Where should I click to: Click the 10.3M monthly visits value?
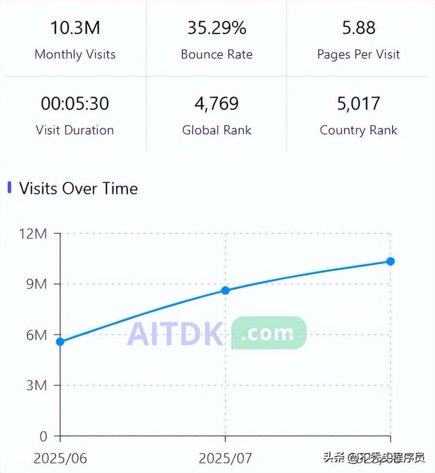75,28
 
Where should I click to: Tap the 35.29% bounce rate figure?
216,28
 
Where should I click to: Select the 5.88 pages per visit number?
358,28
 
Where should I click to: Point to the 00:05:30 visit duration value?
74,103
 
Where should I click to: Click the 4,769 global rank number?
216,103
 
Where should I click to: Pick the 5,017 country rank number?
358,103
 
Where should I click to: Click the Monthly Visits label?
75,54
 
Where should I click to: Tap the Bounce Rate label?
216,54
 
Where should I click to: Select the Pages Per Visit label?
358,54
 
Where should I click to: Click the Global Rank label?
216,130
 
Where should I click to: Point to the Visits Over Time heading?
78,189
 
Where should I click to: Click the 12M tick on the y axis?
33,234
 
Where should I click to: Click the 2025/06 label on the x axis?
60,458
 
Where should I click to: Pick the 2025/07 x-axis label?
225,458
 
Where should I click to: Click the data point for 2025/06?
60,341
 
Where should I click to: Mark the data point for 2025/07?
225,290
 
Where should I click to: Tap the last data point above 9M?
390,262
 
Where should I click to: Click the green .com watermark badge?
269,333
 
